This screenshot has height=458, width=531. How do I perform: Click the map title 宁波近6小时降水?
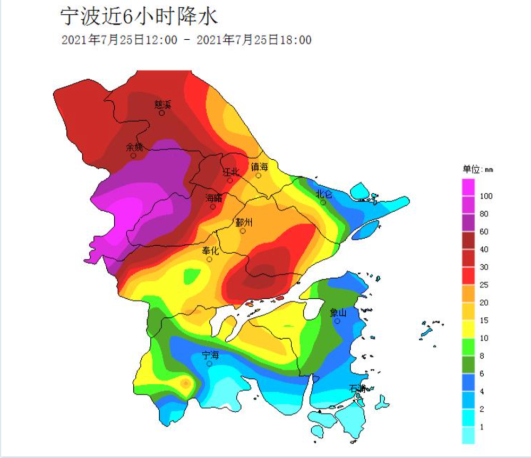coord(138,17)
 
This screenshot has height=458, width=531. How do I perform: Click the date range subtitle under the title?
coord(186,40)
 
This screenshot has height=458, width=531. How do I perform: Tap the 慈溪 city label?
coord(161,105)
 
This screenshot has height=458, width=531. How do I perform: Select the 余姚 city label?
coord(134,148)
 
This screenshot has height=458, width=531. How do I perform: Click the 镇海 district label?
coord(260,167)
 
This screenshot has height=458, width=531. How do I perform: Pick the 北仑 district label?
coord(324,194)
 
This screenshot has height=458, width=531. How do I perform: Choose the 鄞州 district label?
coord(244,222)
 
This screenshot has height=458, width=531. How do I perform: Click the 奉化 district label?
coord(211,250)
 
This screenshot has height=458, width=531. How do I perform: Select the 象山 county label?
coord(338,313)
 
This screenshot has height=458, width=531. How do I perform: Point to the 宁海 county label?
coord(211,355)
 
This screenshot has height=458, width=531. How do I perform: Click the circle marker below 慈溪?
coord(161,113)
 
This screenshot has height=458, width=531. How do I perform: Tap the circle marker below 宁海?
coord(210,364)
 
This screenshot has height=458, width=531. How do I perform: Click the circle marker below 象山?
coord(337,321)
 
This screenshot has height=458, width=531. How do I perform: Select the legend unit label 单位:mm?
coord(477,170)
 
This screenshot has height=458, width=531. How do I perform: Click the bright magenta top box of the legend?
coord(468,187)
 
